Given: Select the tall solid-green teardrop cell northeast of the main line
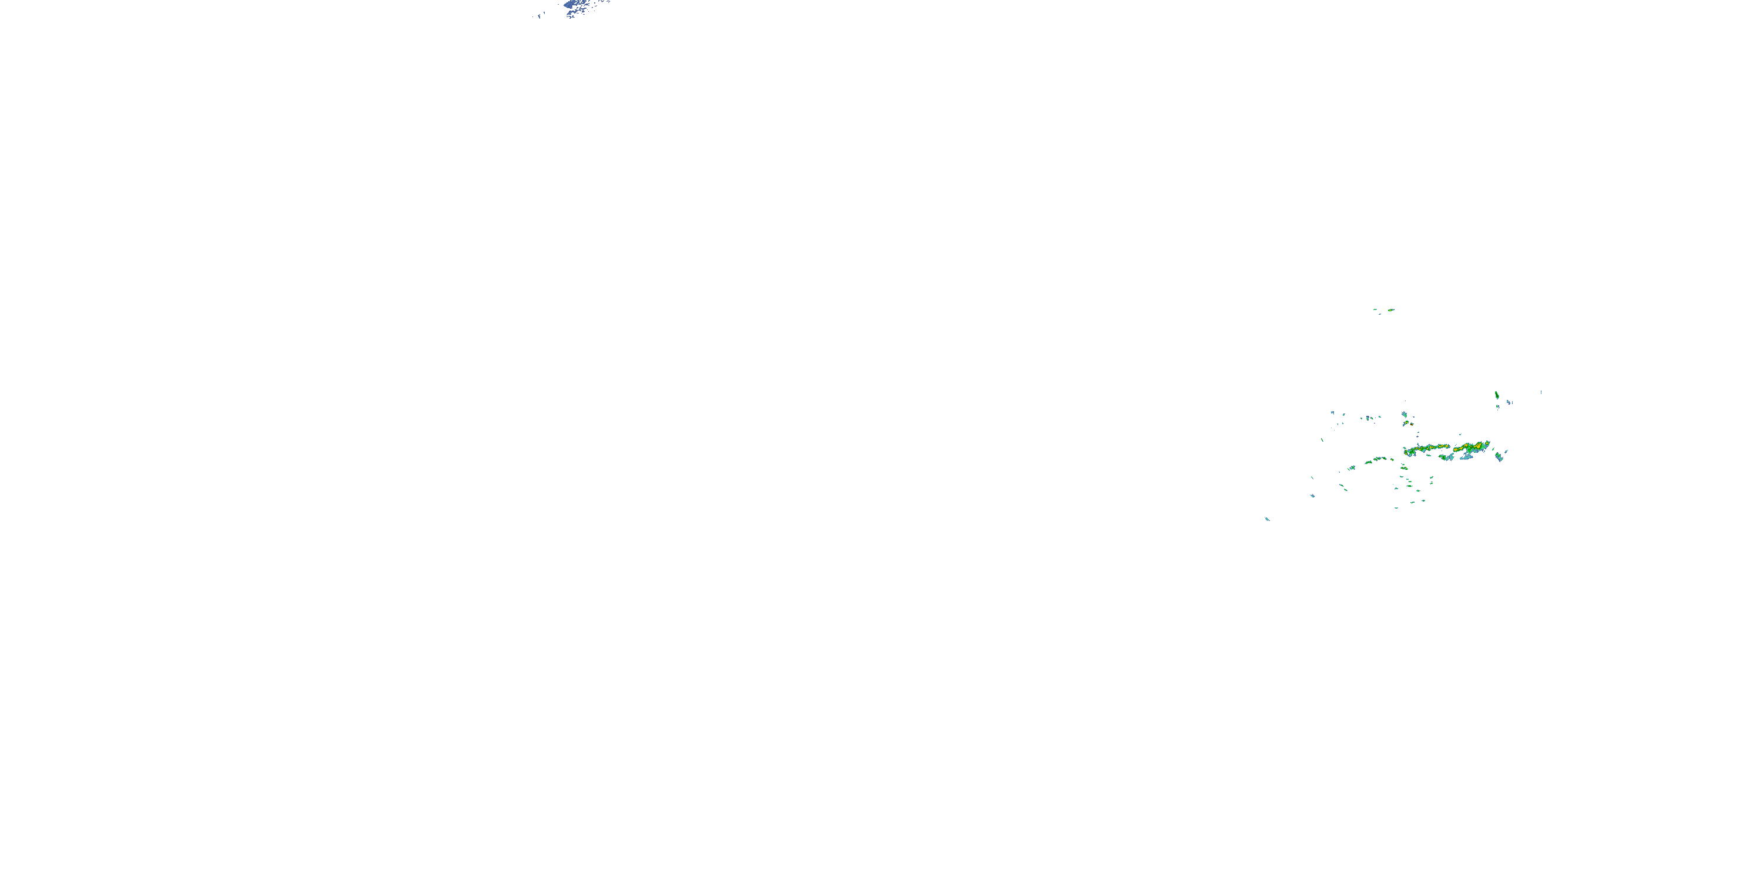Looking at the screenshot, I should [1497, 395].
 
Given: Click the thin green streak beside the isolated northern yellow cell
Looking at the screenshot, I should [1376, 310].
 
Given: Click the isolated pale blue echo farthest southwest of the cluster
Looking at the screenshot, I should [1267, 519].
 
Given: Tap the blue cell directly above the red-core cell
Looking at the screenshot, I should [1404, 415].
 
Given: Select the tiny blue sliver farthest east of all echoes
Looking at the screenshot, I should [1541, 392].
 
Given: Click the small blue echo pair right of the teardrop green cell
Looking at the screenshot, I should [1509, 402].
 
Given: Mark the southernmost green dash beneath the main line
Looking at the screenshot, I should [1397, 507].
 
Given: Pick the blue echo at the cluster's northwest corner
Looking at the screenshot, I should [1332, 412].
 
